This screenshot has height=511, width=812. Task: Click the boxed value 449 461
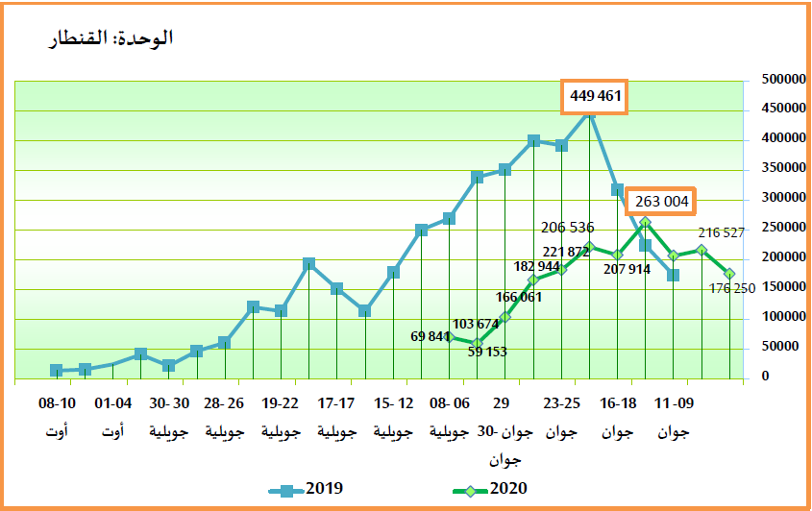point(597,96)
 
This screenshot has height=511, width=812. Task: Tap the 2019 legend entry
point(307,489)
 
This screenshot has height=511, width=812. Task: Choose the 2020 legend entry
point(489,489)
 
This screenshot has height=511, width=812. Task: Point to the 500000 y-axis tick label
point(783,79)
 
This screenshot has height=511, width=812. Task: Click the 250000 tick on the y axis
point(783,228)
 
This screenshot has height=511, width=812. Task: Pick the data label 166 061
point(519,297)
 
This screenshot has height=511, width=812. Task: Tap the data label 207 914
point(627,270)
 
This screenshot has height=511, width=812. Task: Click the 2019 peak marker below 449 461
point(590,111)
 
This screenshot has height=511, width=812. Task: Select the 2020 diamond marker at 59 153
point(477,342)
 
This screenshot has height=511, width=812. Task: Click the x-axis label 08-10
point(58,404)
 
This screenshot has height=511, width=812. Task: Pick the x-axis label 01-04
point(113,404)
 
